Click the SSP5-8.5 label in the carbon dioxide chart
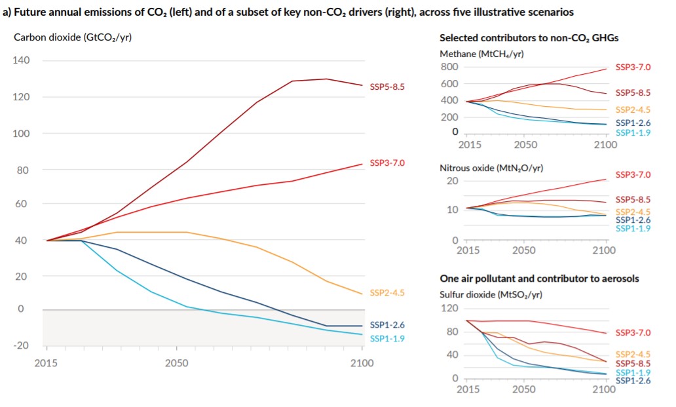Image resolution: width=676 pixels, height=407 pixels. pyautogui.click(x=387, y=86)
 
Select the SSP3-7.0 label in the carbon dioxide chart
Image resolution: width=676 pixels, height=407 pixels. pyautogui.click(x=387, y=162)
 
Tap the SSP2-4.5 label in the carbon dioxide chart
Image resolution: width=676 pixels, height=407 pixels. pyautogui.click(x=387, y=292)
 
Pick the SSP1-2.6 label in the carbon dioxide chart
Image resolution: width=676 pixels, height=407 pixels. pyautogui.click(x=387, y=324)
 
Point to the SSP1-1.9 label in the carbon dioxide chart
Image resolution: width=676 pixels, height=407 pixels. pyautogui.click(x=387, y=338)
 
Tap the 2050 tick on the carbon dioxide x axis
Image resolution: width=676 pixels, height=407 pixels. pyautogui.click(x=177, y=362)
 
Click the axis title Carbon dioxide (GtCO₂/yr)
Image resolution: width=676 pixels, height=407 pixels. pyautogui.click(x=73, y=37)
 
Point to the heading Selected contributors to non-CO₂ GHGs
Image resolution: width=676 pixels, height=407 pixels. pyautogui.click(x=529, y=38)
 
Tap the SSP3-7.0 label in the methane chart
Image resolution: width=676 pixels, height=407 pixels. pyautogui.click(x=633, y=68)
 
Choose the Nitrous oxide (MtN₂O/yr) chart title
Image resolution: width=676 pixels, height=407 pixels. pyautogui.click(x=491, y=168)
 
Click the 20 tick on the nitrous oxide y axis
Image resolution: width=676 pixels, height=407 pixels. pyautogui.click(x=452, y=180)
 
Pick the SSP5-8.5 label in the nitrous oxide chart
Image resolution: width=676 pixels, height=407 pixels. pyautogui.click(x=633, y=199)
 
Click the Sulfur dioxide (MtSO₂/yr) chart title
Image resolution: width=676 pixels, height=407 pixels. pyautogui.click(x=491, y=294)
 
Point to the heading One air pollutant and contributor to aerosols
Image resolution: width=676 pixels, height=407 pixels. pyautogui.click(x=539, y=279)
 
